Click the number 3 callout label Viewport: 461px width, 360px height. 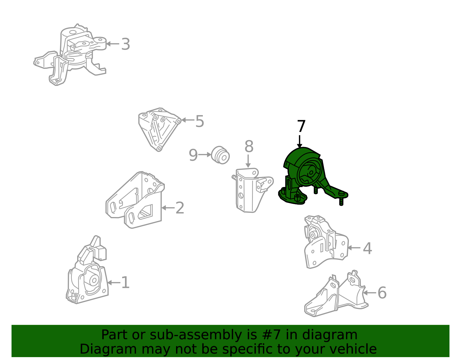[x=125, y=44]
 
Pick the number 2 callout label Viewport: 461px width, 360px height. [x=180, y=208]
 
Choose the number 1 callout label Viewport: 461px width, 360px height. [x=125, y=282]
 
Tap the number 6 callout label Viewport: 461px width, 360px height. [x=382, y=293]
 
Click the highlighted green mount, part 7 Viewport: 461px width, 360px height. [x=310, y=177]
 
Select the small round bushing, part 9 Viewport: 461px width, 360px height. [x=220, y=155]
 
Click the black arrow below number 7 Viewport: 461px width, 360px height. [x=300, y=141]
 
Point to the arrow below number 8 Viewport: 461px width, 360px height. [x=248, y=161]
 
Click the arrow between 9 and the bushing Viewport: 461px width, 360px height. [x=205, y=155]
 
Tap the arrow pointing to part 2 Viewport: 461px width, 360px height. [x=168, y=208]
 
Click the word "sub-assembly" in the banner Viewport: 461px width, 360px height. [x=196, y=335]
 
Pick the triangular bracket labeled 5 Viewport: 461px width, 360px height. [x=160, y=129]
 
